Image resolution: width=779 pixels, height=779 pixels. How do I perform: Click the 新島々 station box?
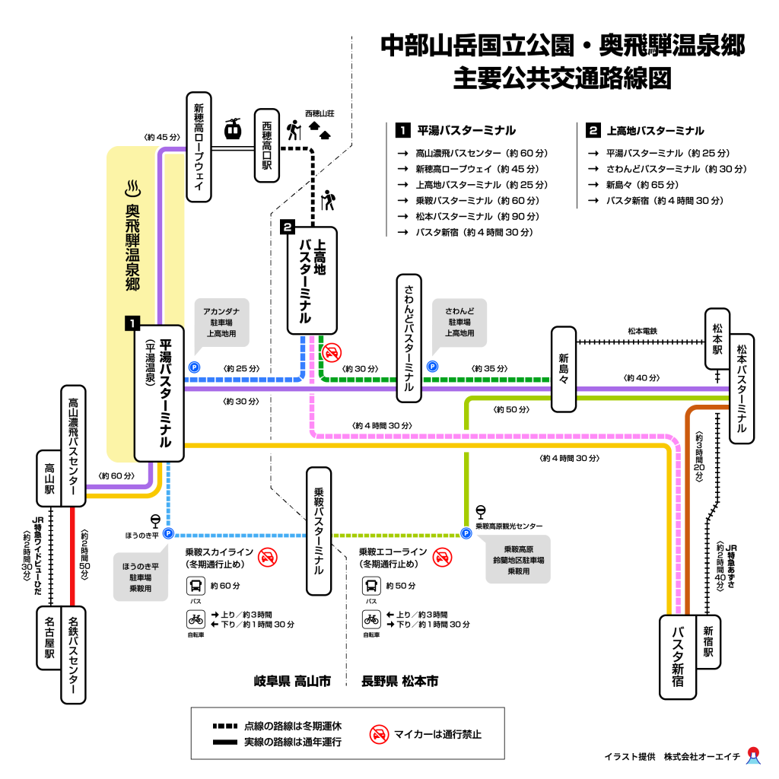(564, 369)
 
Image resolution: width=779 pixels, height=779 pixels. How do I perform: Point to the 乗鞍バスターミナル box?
(319, 531)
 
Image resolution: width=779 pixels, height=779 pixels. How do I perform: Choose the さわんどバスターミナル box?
(409, 338)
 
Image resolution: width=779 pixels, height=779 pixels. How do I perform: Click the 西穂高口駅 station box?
(266, 145)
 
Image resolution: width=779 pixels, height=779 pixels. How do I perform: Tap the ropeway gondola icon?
(233, 129)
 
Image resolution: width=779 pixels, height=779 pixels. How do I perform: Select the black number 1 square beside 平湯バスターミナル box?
(132, 323)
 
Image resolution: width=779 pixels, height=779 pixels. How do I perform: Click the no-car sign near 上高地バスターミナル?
(332, 352)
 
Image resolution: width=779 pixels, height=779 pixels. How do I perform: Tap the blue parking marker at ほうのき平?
(168, 533)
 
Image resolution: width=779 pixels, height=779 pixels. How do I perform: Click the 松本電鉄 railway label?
(642, 331)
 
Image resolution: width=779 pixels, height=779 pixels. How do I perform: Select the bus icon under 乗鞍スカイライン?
(196, 586)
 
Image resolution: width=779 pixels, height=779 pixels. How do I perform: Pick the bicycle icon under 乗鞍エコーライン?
(371, 618)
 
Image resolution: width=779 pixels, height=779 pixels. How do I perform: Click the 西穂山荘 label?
(320, 113)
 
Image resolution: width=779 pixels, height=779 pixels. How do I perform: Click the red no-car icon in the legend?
(380, 734)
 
